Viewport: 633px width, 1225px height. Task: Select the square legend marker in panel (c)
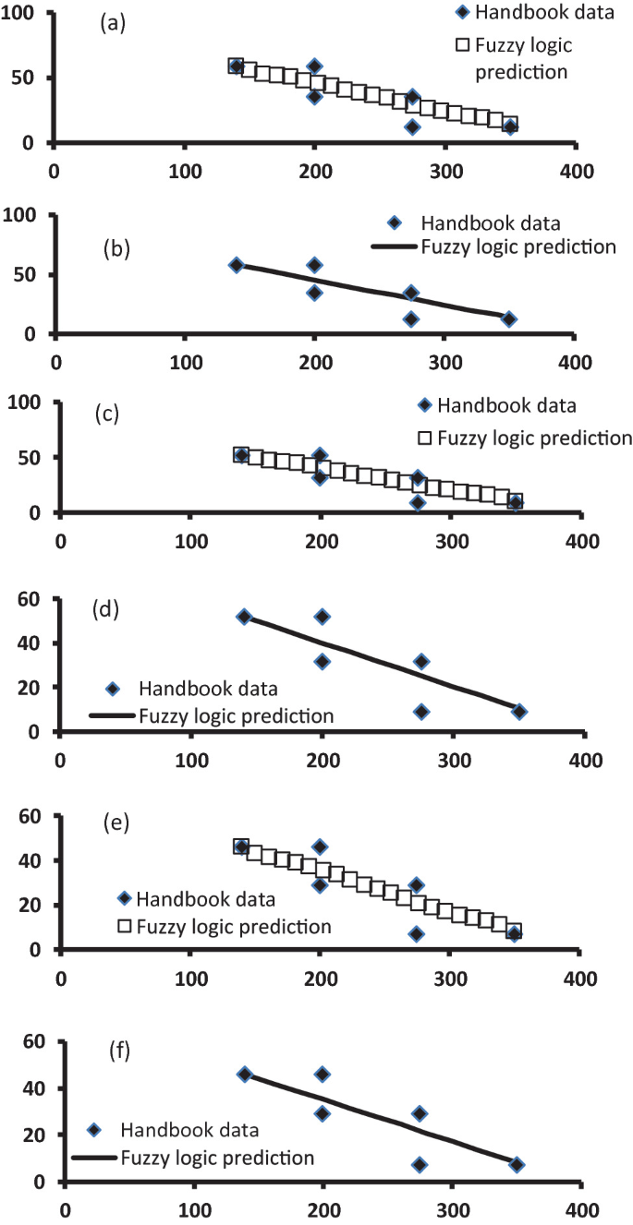(x=426, y=438)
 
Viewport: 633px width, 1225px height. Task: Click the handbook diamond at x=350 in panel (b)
(x=508, y=319)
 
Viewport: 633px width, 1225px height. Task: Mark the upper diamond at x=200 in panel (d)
(x=323, y=617)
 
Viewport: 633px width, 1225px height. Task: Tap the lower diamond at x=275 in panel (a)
(x=412, y=127)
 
